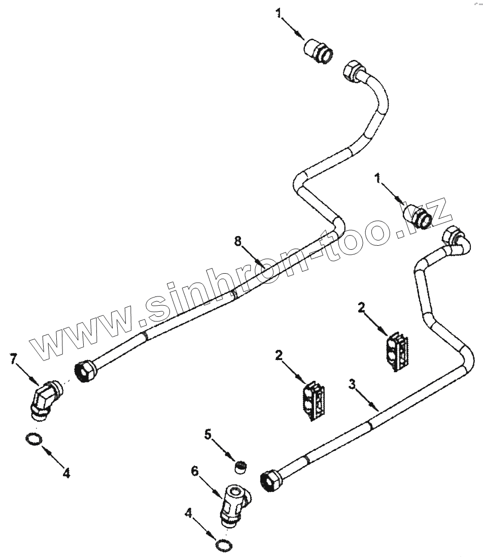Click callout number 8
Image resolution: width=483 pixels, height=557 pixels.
tap(237, 242)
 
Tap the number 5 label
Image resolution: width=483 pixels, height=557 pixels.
tap(207, 435)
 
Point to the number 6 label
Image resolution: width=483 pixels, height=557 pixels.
tap(195, 471)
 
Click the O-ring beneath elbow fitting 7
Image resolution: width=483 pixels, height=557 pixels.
tap(33, 439)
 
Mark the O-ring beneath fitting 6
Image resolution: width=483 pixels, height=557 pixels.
tap(224, 545)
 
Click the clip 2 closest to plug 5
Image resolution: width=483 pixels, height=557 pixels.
tap(314, 399)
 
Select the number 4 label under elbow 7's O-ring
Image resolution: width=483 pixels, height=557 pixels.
tap(66, 473)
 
